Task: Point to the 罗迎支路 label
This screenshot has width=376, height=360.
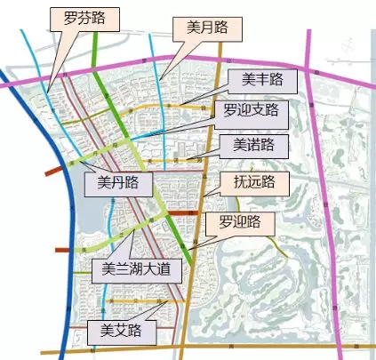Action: click(247, 110)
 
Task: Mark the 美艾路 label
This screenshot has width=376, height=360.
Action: click(123, 332)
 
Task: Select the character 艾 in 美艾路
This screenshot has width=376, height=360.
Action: click(123, 332)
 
